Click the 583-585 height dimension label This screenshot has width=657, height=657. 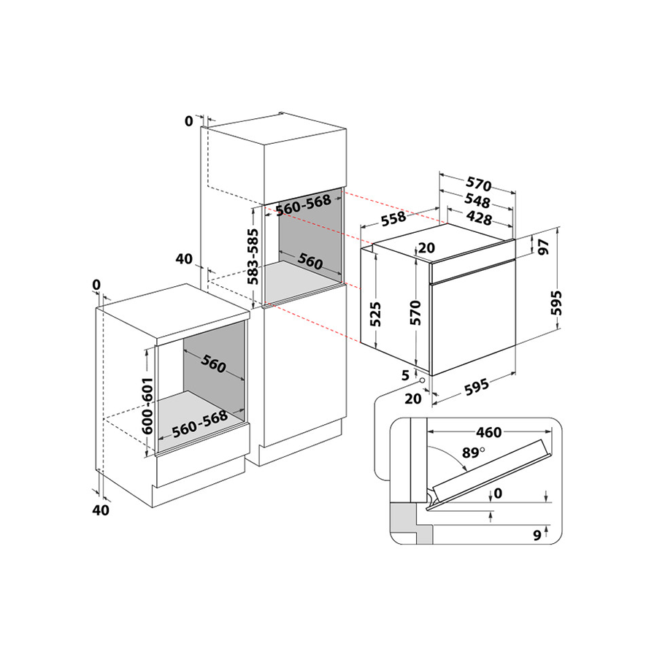[x=253, y=256]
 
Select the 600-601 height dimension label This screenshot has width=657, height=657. [x=147, y=406]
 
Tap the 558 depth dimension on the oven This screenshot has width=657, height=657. [x=393, y=218]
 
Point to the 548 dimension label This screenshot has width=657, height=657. [x=477, y=201]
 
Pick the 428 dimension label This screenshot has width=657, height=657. [x=479, y=218]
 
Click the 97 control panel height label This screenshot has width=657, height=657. [x=543, y=247]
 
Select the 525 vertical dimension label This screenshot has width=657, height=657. [x=375, y=314]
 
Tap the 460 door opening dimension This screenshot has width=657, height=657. [x=488, y=432]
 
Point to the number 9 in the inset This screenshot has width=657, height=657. [x=537, y=535]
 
